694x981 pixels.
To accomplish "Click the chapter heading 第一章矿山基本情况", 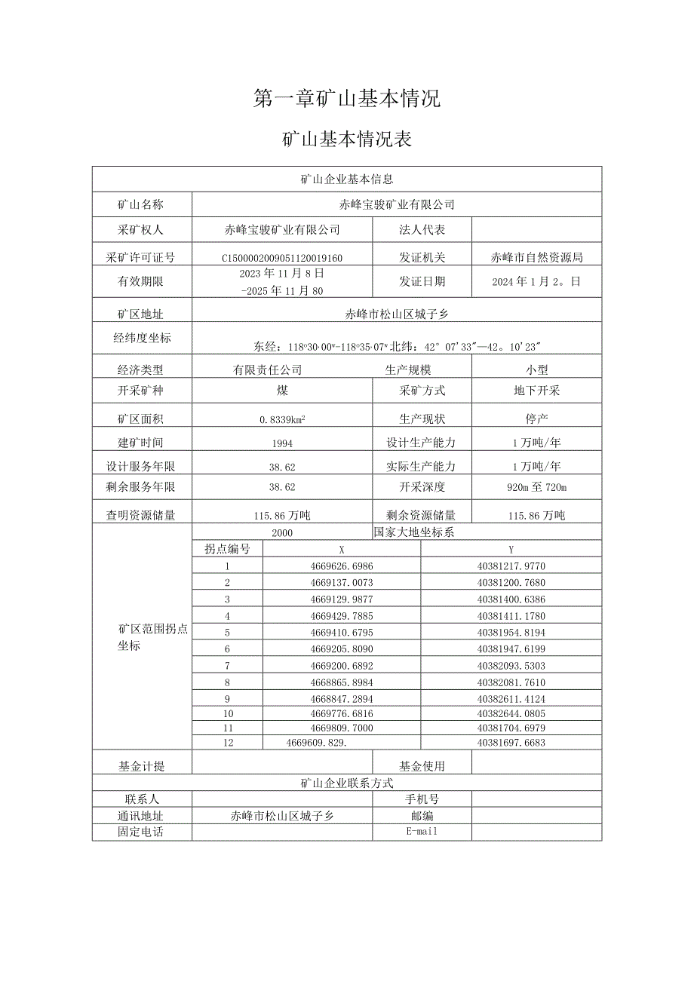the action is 346,99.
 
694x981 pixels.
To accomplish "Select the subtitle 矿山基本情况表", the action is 346,139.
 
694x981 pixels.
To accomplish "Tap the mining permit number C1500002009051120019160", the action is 282,258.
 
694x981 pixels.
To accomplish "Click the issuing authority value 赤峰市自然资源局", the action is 536,258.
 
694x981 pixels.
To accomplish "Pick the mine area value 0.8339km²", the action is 282,418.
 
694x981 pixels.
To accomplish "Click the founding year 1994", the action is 282,443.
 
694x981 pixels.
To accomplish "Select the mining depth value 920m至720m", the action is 536,488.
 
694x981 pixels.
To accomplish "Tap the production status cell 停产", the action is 536,418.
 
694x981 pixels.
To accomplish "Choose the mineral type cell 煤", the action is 282,391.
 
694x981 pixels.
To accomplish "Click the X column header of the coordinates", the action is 341,550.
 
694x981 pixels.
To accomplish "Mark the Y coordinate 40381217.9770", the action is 511,566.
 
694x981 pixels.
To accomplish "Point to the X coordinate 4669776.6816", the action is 341,713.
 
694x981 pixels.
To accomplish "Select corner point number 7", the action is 227,666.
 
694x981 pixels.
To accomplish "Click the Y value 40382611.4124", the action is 511,698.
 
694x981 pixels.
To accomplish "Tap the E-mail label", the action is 422,832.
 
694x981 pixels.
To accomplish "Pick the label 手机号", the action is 422,799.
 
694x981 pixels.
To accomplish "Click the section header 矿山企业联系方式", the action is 346,783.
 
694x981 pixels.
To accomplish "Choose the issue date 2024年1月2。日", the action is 536,282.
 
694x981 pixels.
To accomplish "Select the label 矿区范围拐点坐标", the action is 142,638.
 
